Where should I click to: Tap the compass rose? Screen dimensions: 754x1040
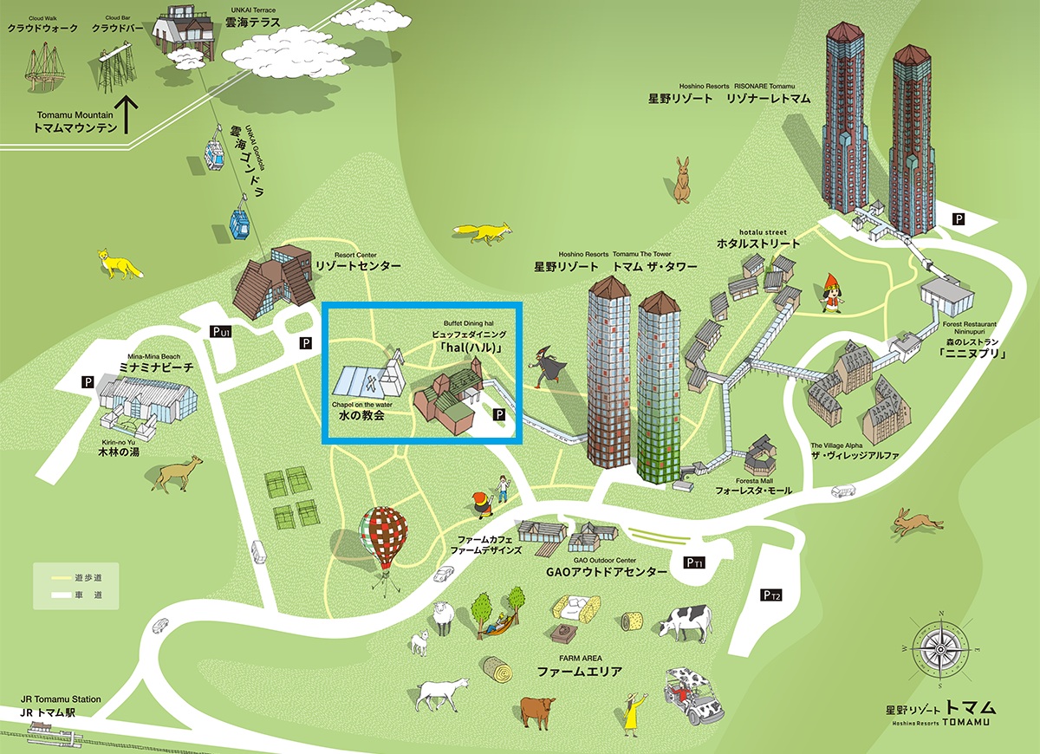click(942, 647)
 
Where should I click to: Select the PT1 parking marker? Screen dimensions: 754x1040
click(694, 563)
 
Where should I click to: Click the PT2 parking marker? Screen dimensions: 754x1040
click(771, 595)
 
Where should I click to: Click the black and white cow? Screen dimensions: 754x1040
click(686, 621)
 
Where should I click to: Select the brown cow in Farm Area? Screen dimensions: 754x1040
click(537, 709)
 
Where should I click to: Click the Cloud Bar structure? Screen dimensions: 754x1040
click(111, 65)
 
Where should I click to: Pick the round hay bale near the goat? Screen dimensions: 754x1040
click(496, 668)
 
